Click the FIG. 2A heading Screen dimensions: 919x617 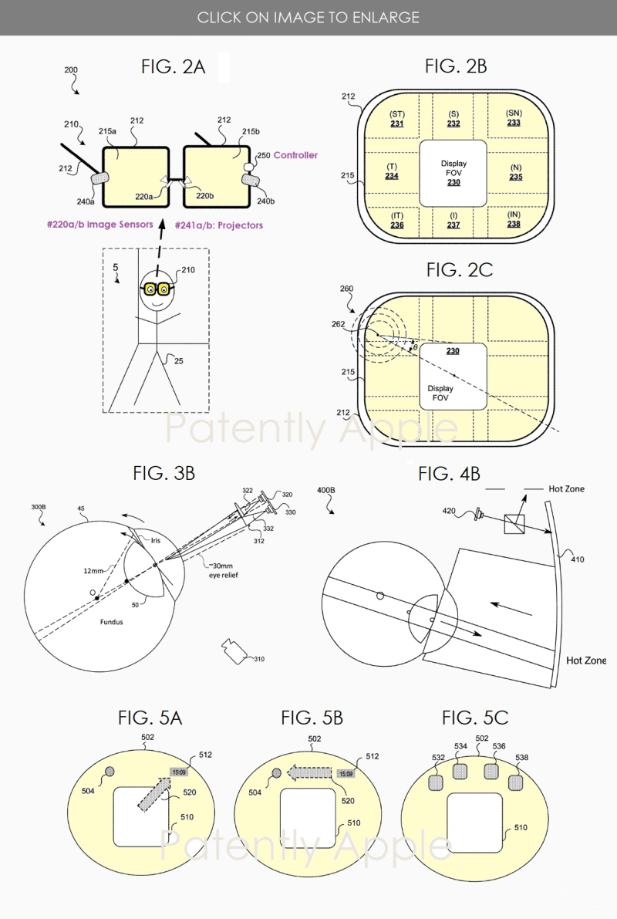173,66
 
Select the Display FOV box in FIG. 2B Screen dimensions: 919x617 453,173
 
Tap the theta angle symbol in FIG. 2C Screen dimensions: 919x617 414,348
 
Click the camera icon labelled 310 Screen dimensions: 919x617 232,650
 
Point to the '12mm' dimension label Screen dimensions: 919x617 94,570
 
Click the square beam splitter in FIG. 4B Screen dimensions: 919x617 514,524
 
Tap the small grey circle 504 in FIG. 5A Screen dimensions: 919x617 110,772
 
